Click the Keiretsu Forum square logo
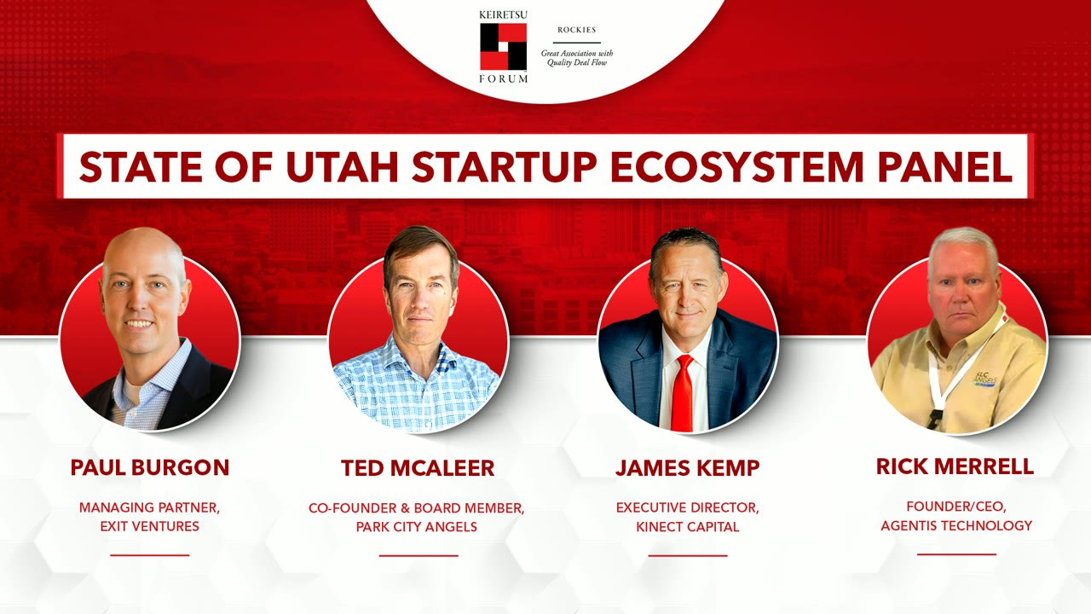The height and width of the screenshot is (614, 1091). tap(503, 47)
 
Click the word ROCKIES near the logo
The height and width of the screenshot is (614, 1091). tap(576, 30)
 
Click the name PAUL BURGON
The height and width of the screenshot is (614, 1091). tap(150, 467)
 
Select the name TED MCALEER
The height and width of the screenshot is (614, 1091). tap(418, 468)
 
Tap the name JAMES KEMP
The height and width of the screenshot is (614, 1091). tap(687, 468)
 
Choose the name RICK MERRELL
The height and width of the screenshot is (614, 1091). tap(955, 466)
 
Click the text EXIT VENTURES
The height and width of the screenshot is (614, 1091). tap(150, 526)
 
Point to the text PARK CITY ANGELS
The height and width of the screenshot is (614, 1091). tap(417, 526)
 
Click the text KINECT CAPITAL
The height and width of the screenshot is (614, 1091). tap(687, 526)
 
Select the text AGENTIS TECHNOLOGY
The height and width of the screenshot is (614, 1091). tap(955, 525)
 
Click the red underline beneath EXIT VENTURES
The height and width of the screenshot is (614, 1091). tap(150, 555)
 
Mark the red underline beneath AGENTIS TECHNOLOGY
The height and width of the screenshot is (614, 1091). tap(956, 554)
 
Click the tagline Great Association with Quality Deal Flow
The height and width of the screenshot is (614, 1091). tap(576, 57)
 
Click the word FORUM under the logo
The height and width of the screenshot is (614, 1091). tap(503, 78)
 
